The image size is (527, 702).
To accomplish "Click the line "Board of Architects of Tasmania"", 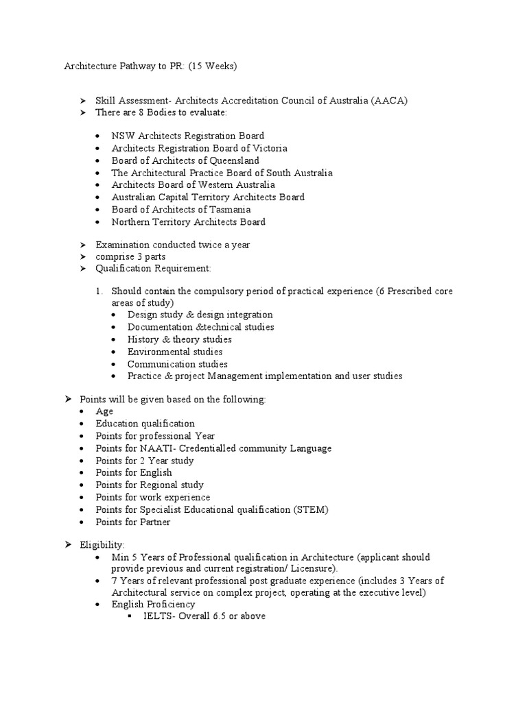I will pos(181,210).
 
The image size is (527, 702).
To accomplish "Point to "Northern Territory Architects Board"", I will pos(189,222).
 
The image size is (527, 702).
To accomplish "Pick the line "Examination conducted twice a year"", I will pos(172,245).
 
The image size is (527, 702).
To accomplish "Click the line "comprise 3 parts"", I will pos(130,257).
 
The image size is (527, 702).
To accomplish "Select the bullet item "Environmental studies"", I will pos(175,352).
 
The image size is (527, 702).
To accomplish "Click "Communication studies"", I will pos(178,364).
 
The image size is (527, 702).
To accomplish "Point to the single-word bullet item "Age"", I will pos(104,411).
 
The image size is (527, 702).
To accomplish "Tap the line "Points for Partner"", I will pos(133,522).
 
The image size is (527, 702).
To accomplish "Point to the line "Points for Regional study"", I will pos(146,485).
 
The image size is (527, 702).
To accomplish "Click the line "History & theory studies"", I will pos(180,339).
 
